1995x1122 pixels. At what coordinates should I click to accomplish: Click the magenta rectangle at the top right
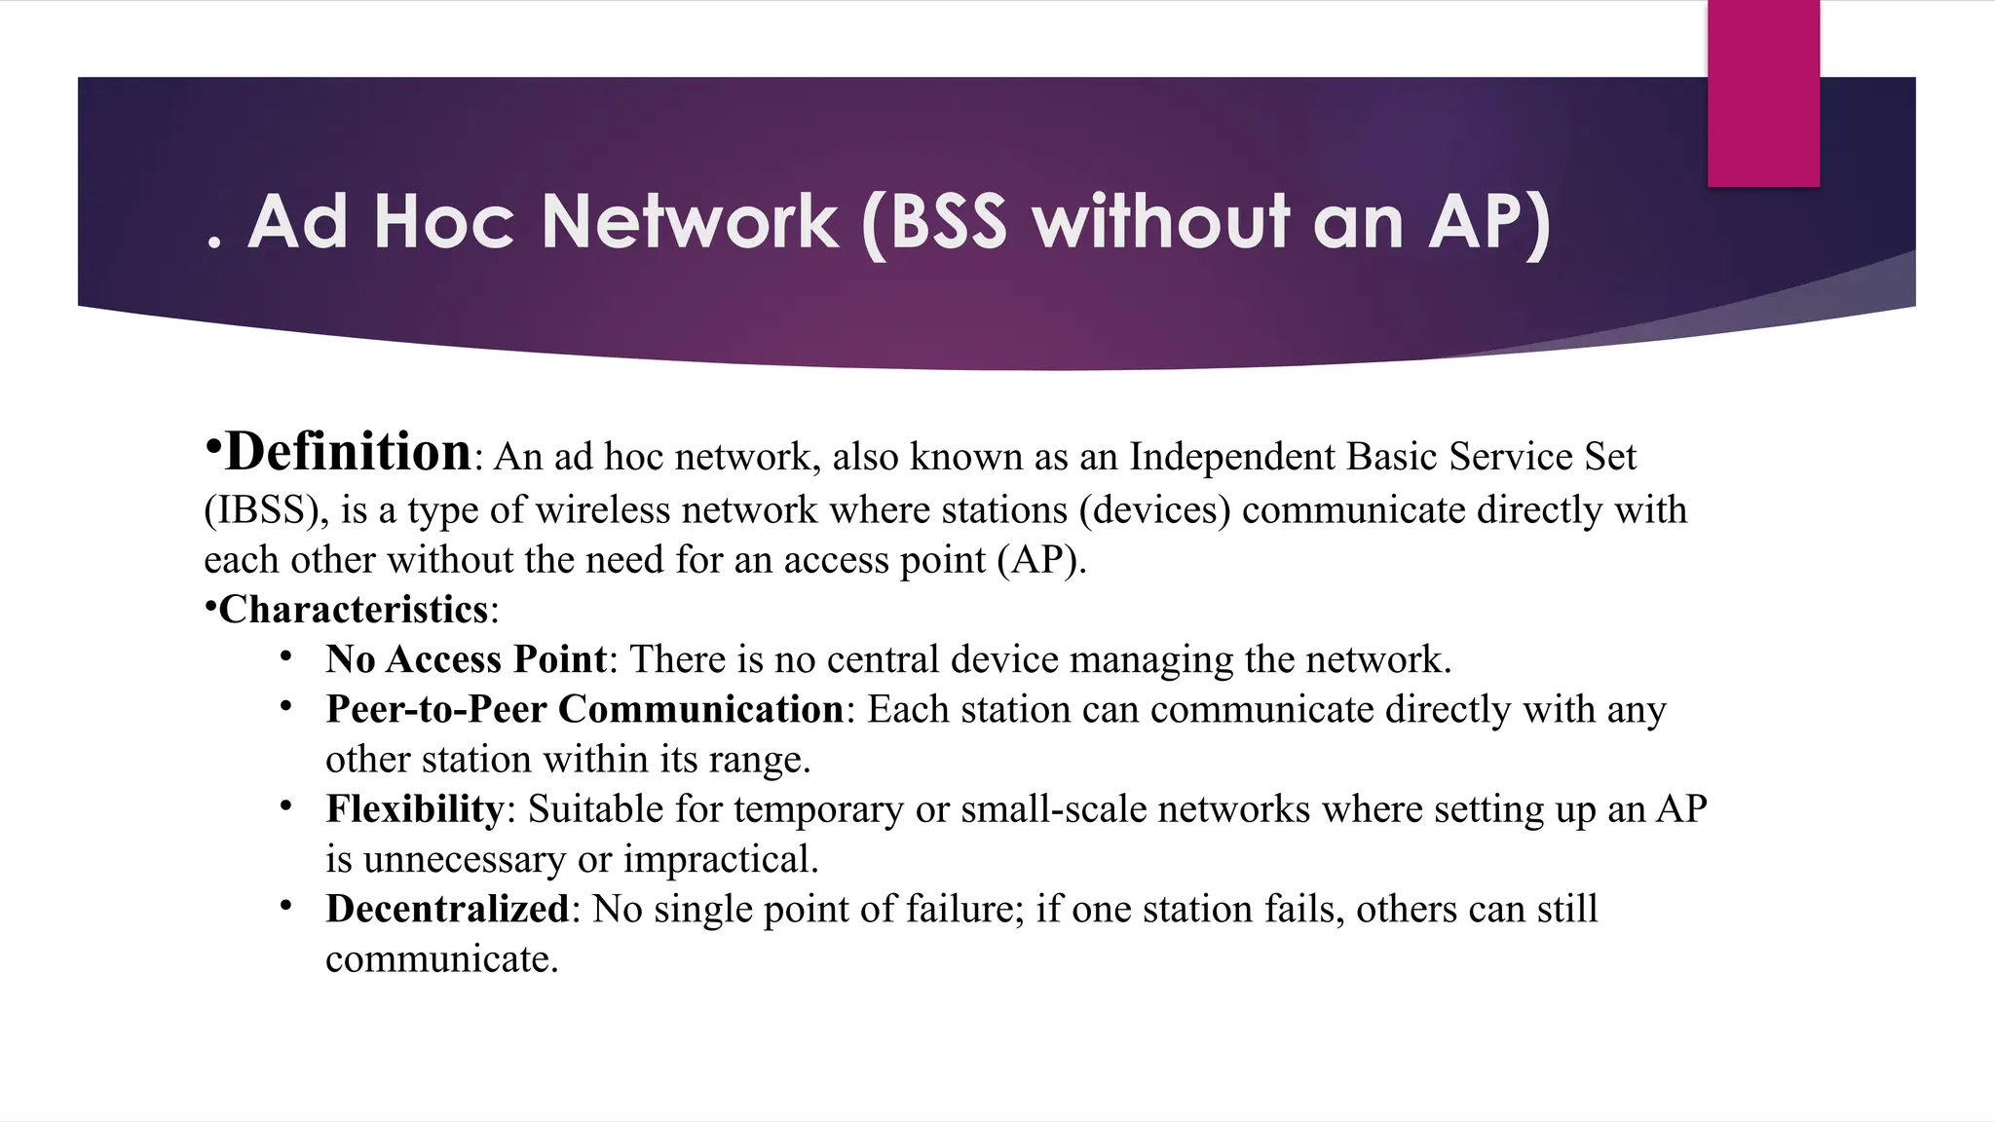[x=1763, y=93]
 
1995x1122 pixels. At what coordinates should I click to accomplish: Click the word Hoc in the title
[x=443, y=222]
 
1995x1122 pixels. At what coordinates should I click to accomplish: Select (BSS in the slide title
[x=934, y=224]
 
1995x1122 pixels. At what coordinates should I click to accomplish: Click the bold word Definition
[x=348, y=452]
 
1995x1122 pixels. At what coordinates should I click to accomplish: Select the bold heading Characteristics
[x=353, y=610]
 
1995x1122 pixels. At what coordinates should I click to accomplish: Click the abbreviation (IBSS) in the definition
[x=265, y=510]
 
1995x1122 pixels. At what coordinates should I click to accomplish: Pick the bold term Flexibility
[x=414, y=809]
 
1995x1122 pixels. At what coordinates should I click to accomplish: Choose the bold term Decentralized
[x=447, y=909]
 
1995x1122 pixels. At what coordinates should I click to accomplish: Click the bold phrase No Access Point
[x=466, y=659]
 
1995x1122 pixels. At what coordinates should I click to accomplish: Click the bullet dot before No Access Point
[x=285, y=656]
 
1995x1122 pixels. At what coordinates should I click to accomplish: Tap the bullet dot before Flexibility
[x=285, y=805]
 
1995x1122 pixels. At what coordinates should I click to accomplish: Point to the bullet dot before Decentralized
[x=285, y=906]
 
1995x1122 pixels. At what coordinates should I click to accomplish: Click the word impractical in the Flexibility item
[x=720, y=860]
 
